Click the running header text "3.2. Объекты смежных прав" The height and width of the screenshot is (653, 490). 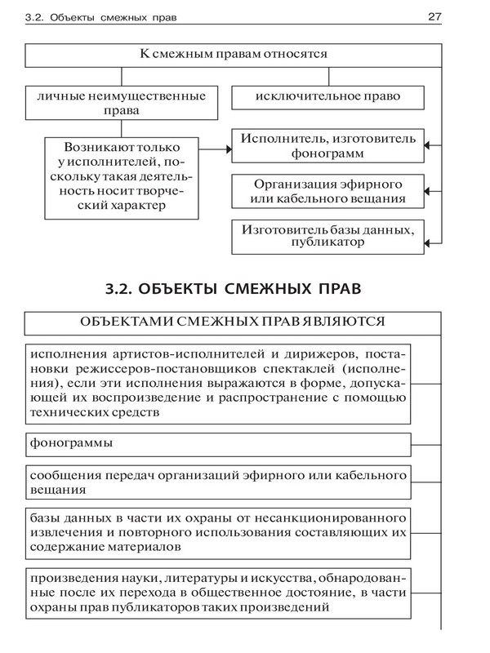coord(102,16)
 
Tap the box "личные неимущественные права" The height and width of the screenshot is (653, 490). coord(122,104)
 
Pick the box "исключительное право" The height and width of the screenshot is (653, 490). coord(327,97)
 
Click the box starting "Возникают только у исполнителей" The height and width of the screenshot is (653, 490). coord(122,176)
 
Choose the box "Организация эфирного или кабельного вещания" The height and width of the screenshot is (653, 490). coord(328,191)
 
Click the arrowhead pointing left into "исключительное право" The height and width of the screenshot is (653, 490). coord(430,98)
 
